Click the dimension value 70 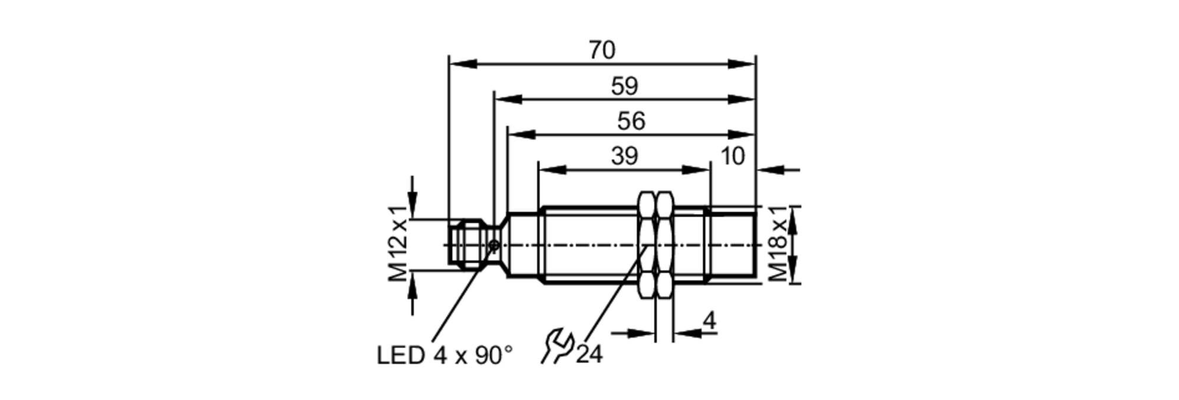pos(602,51)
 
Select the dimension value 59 pos(624,87)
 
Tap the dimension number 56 pos(631,121)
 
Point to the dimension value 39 pos(624,157)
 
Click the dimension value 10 pos(733,157)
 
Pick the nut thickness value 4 pos(710,322)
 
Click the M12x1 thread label pos(399,244)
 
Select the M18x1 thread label pos(778,244)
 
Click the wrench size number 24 pos(589,355)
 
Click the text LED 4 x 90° pos(444,355)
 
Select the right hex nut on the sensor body pos(665,244)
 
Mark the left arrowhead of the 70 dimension pos(462,64)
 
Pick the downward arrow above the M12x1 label pos(412,204)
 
